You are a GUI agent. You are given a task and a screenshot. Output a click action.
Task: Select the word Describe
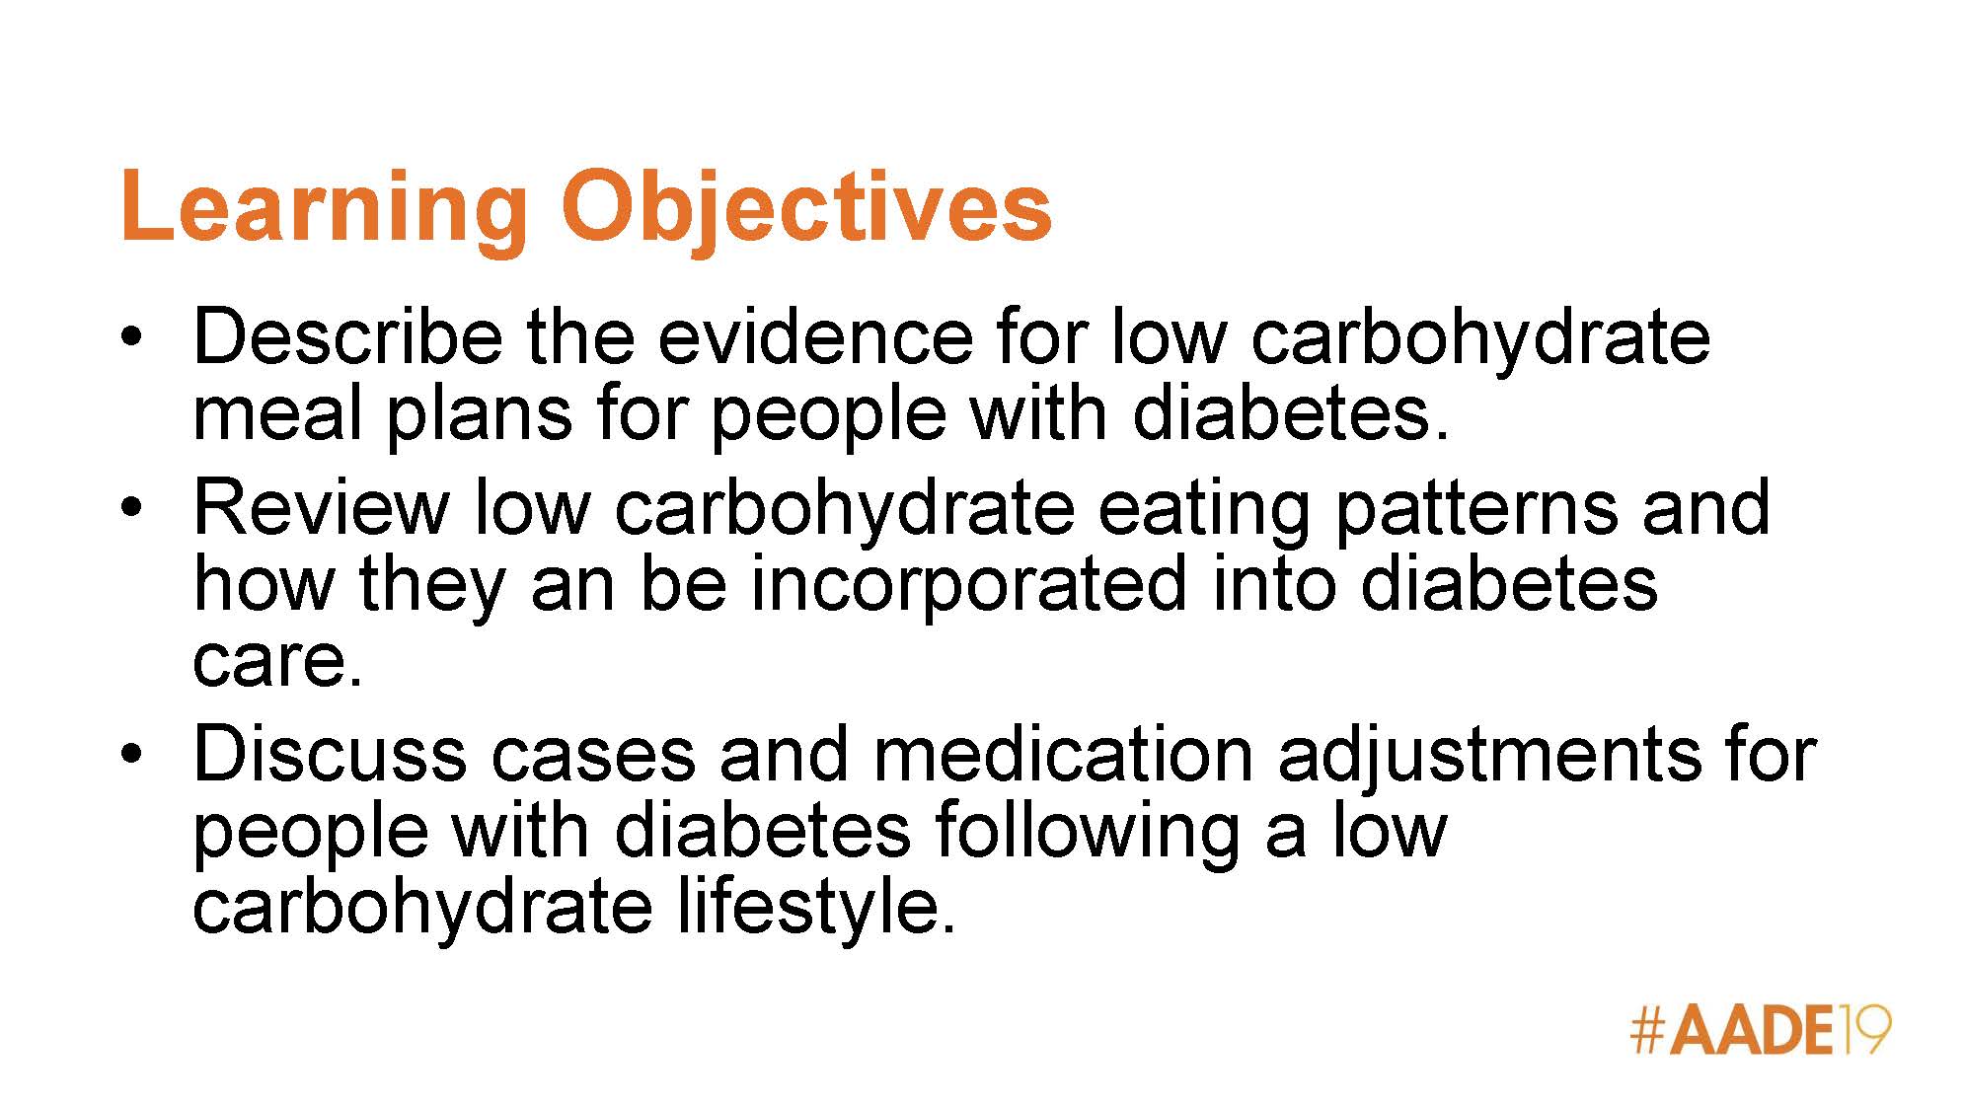coord(347,336)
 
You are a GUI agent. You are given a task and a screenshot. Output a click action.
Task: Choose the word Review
coord(322,507)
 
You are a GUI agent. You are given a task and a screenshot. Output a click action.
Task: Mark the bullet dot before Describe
coord(131,337)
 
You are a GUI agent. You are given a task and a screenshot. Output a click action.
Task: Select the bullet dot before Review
coord(131,508)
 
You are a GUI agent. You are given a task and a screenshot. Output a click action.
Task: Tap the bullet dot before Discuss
coord(131,755)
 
